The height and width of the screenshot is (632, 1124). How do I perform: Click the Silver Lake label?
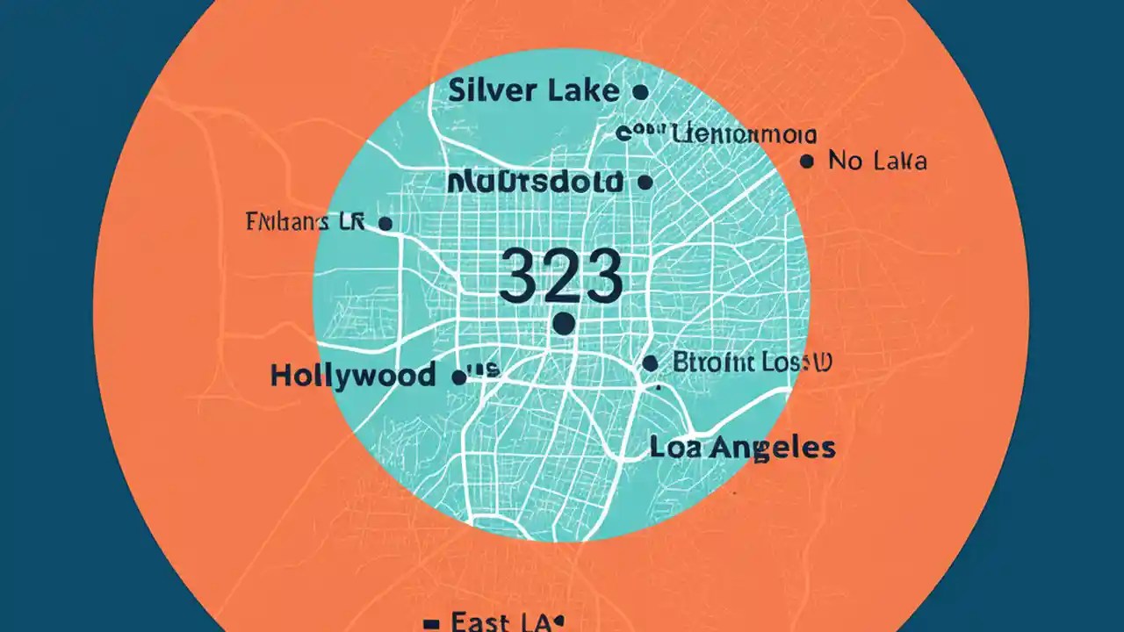pyautogui.click(x=532, y=91)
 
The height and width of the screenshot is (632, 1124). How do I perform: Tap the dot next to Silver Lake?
pyautogui.click(x=640, y=91)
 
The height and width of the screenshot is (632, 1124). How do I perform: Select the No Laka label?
pyautogui.click(x=877, y=162)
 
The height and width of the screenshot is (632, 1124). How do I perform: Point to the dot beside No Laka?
pyautogui.click(x=807, y=162)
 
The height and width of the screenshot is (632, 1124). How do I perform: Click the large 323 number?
pyautogui.click(x=560, y=276)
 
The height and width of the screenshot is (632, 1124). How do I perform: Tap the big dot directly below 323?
pyautogui.click(x=564, y=325)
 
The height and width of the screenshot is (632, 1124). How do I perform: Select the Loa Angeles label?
pyautogui.click(x=742, y=448)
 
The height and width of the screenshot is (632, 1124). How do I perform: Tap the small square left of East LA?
pyautogui.click(x=431, y=624)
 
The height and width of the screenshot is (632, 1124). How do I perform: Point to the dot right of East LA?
pyautogui.click(x=558, y=620)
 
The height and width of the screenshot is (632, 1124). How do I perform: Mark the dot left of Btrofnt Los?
pyautogui.click(x=650, y=363)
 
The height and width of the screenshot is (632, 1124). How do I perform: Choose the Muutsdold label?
pyautogui.click(x=535, y=183)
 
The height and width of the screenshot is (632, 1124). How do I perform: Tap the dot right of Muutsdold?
pyautogui.click(x=645, y=183)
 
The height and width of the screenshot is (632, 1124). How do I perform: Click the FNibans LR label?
pyautogui.click(x=302, y=222)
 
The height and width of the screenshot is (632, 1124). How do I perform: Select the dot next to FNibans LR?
pyautogui.click(x=384, y=224)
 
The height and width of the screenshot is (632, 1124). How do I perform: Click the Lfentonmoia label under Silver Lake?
pyautogui.click(x=743, y=135)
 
